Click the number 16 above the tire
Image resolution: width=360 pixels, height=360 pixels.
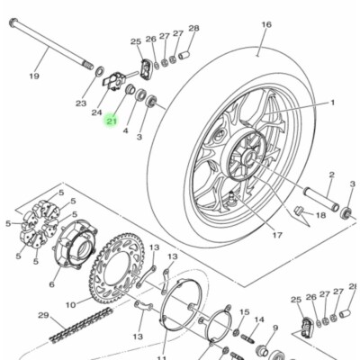(x=265, y=24)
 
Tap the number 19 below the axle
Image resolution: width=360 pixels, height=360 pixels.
(x=33, y=76)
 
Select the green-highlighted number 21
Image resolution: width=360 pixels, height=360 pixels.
(x=112, y=121)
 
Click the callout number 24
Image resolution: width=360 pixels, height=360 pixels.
(x=96, y=112)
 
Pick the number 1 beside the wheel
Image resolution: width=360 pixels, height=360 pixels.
(x=331, y=103)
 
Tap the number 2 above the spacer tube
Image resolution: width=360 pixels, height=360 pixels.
(x=330, y=175)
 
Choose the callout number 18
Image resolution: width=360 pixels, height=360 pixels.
(x=320, y=216)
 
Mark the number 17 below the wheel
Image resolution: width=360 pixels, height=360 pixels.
(x=276, y=236)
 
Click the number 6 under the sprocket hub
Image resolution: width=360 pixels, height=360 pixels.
(x=50, y=284)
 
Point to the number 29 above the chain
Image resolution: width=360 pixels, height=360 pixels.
(x=41, y=315)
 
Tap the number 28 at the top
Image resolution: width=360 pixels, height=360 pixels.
(x=193, y=29)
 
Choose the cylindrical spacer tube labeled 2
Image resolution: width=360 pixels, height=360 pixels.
(x=319, y=199)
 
